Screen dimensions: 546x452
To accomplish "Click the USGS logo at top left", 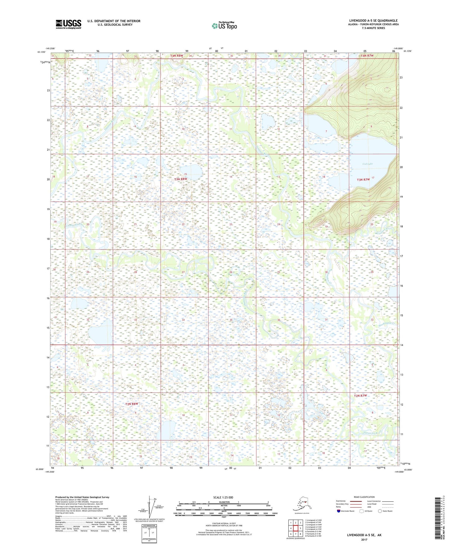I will [x=68, y=24].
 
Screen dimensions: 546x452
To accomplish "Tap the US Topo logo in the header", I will [x=224, y=26].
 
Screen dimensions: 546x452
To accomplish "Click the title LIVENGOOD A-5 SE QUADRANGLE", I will [x=373, y=21].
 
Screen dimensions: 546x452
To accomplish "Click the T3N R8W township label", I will [x=180, y=179].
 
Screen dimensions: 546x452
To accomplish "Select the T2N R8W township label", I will [x=132, y=404].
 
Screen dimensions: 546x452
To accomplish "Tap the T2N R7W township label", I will [x=360, y=396].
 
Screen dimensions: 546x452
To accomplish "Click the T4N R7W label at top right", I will [x=367, y=56].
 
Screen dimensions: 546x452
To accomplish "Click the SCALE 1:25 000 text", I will [x=223, y=497].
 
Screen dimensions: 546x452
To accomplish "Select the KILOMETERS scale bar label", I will [x=223, y=502].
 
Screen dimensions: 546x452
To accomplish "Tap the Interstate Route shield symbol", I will [x=339, y=511].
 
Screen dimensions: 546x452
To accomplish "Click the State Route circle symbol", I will [x=380, y=511].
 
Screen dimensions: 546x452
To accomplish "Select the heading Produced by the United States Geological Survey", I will [x=82, y=497].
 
